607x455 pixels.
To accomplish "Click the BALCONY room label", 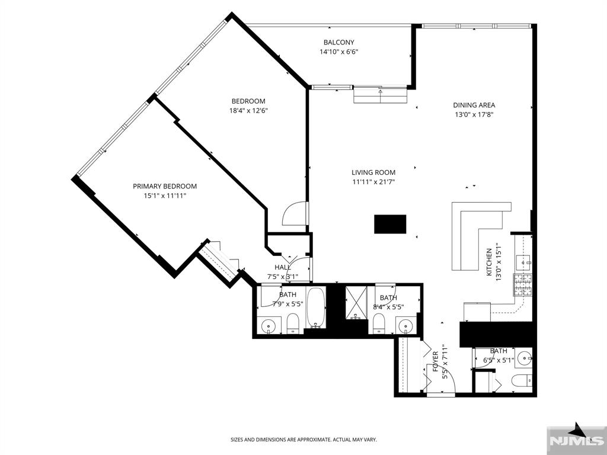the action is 338,42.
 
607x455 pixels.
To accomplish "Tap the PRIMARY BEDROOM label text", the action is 165,186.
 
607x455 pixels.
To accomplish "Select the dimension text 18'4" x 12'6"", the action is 248,111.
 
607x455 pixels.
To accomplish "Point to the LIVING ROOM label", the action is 373,172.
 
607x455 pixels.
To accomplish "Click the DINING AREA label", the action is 474,105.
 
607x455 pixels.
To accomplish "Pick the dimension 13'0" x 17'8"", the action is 474,114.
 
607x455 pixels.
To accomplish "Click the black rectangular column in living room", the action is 390,224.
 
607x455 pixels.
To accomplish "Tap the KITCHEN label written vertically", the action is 489,262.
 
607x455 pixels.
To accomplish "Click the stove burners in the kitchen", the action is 523,285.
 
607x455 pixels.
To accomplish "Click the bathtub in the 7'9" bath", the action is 317,307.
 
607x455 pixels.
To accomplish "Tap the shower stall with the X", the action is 356,303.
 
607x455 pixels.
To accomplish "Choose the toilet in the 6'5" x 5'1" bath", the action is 522,381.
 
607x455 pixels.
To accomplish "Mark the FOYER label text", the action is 436,361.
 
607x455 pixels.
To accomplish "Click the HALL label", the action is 283,267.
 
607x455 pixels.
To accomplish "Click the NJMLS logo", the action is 576,440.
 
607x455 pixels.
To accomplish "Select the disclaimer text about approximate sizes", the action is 304,440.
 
